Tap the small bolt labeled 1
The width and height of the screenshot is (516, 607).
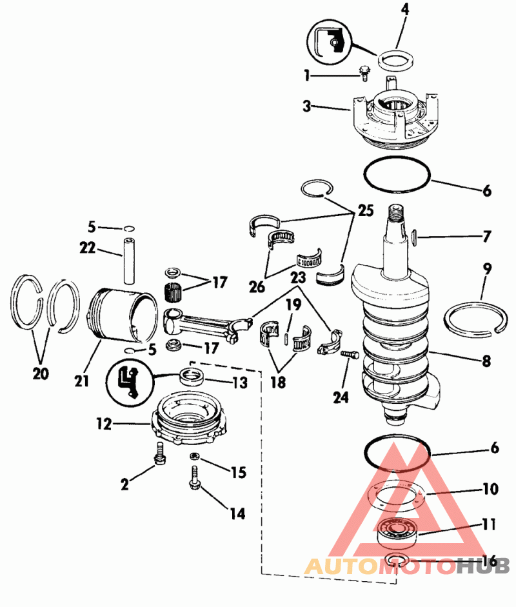click(x=364, y=74)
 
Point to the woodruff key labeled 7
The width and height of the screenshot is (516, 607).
click(x=414, y=237)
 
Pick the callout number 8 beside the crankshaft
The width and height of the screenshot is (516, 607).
click(x=486, y=361)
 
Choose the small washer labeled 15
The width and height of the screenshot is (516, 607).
click(x=195, y=457)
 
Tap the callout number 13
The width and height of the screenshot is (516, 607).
click(x=239, y=383)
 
